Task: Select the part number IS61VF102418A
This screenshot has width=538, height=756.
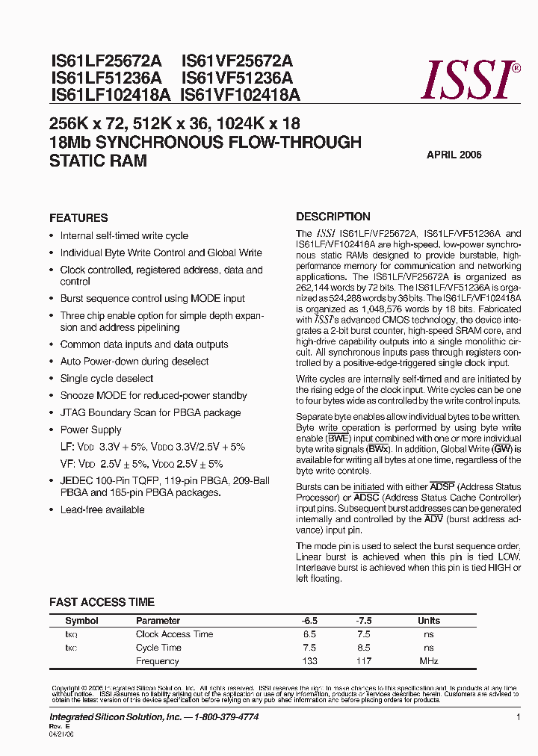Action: click(x=240, y=95)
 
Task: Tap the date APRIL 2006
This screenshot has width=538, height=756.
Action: click(x=454, y=155)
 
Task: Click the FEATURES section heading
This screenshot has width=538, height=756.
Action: click(x=78, y=218)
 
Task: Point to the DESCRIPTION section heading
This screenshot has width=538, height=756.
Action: click(x=333, y=217)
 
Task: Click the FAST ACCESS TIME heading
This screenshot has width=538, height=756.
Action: click(x=102, y=602)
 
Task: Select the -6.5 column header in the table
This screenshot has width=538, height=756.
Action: click(x=309, y=621)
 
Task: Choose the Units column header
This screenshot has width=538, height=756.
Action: click(x=428, y=621)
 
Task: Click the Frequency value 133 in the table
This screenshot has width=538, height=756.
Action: click(x=309, y=661)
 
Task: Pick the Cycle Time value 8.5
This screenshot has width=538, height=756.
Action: click(x=364, y=648)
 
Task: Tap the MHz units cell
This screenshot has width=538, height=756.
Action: click(x=428, y=661)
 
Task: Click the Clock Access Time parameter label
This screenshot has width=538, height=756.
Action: click(x=174, y=634)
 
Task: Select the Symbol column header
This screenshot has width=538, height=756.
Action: click(x=81, y=621)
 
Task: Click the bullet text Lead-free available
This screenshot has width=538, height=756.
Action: click(x=102, y=509)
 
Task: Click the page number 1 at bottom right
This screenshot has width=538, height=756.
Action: click(x=518, y=717)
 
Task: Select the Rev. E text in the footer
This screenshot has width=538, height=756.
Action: click(x=59, y=726)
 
